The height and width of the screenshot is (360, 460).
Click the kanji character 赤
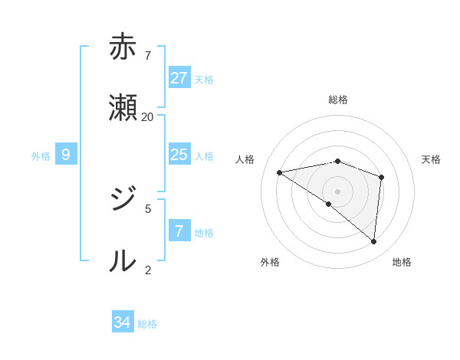click(x=123, y=47)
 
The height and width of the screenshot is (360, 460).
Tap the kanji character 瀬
click(x=123, y=108)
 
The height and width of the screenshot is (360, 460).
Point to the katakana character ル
click(x=123, y=261)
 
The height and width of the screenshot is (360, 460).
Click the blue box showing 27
click(x=179, y=78)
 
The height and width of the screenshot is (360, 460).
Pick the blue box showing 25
click(x=179, y=155)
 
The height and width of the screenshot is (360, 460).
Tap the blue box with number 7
click(x=179, y=231)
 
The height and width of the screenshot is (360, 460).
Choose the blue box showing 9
click(x=66, y=155)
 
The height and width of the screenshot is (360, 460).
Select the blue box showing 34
click(x=123, y=322)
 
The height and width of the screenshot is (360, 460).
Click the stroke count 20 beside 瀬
click(x=147, y=116)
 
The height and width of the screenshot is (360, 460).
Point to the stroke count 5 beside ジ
click(x=148, y=208)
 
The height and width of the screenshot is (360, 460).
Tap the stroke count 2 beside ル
click(x=148, y=270)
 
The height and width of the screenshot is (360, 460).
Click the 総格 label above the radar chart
click(x=338, y=100)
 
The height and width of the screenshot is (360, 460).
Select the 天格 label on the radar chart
click(x=432, y=159)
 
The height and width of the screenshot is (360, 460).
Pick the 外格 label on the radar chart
click(x=270, y=262)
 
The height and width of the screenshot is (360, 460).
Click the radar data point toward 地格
click(x=373, y=241)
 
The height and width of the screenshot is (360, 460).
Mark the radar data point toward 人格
click(x=280, y=172)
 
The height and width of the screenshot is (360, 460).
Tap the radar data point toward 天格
click(x=381, y=177)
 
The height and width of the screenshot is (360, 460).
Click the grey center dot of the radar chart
click(x=338, y=191)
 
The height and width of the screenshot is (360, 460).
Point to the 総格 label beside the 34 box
click(x=147, y=324)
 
